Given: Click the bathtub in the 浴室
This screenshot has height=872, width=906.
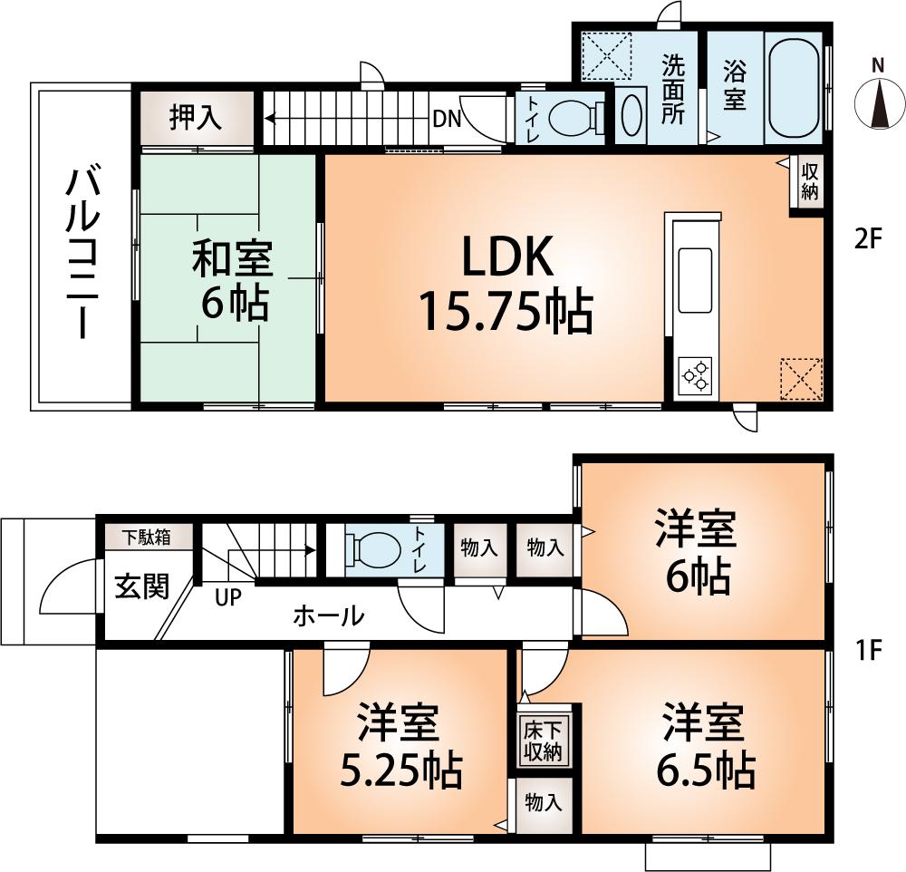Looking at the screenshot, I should pos(795,88).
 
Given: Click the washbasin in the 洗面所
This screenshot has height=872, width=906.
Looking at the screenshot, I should pos(632,115).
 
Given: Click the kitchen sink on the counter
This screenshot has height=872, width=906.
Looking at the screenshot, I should pos(695,280).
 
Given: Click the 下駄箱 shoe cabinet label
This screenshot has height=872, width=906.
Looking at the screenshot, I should pos(147,537).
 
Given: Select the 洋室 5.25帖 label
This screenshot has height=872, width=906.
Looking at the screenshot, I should pos(400,746).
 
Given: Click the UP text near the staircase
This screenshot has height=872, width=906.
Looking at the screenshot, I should pos(227,598).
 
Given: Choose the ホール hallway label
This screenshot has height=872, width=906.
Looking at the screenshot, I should pos(328,616).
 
